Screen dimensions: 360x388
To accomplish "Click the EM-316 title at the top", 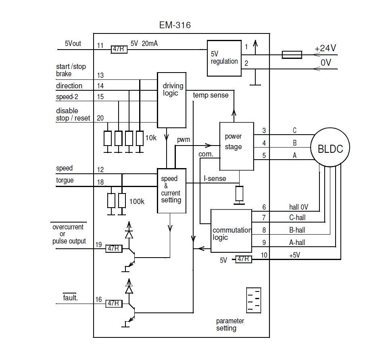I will pyautogui.click(x=175, y=25).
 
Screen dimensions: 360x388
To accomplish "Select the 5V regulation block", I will pyautogui.click(x=224, y=58).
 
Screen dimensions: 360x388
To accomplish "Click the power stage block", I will pyautogui.click(x=236, y=146).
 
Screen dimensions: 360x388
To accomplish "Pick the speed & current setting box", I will pyautogui.click(x=171, y=190).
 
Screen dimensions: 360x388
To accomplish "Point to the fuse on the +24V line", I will pyautogui.click(x=292, y=54).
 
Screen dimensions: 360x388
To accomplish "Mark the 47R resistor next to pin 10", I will pyautogui.click(x=243, y=260).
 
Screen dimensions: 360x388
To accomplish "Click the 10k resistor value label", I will pyautogui.click(x=150, y=138).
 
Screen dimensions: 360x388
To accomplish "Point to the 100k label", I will pyautogui.click(x=136, y=201).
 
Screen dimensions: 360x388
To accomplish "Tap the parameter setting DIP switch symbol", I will pyautogui.click(x=254, y=300).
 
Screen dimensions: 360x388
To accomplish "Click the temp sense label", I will pyautogui.click(x=211, y=95).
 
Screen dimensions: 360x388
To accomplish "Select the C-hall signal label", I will pyautogui.click(x=297, y=218).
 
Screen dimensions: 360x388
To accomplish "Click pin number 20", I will pyautogui.click(x=100, y=118).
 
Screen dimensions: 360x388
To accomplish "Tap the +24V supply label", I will pyautogui.click(x=325, y=48).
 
